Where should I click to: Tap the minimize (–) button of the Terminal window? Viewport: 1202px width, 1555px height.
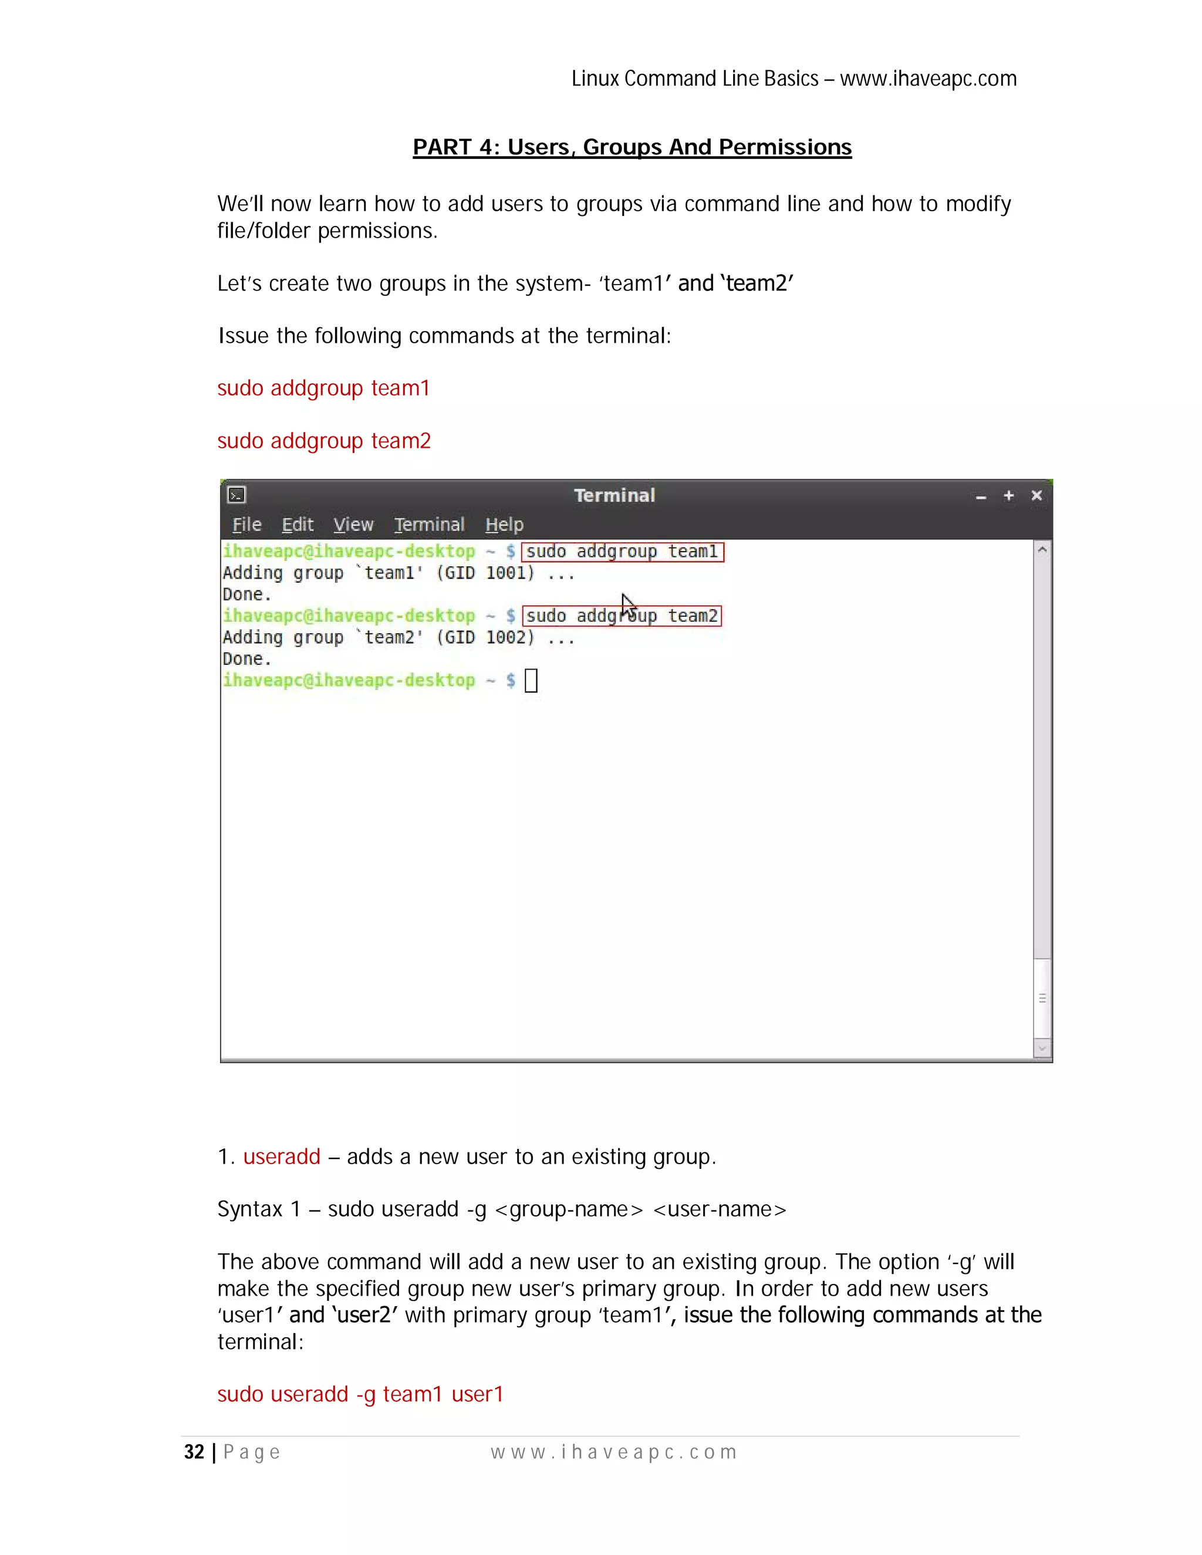pos(981,497)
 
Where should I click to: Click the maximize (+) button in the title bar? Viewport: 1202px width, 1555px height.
pos(1008,496)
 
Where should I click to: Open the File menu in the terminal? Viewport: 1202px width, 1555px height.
pos(247,525)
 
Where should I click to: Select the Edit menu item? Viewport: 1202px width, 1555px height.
pos(298,525)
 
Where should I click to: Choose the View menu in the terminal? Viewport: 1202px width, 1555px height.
pos(353,525)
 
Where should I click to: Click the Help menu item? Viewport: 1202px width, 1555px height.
pos(504,525)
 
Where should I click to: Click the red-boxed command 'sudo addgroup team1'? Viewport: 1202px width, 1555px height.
pos(622,552)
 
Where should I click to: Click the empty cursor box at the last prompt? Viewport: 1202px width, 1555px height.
pos(531,681)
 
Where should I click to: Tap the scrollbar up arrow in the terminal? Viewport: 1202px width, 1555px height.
pos(1042,550)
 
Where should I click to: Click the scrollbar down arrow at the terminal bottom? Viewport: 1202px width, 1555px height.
pos(1042,1048)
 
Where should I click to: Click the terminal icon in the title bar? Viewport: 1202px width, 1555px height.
pos(237,495)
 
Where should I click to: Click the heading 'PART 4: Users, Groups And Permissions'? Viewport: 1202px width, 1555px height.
pos(632,147)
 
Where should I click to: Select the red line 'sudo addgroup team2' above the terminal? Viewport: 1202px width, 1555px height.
pos(324,441)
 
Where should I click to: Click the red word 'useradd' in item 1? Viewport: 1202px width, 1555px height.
pos(282,1157)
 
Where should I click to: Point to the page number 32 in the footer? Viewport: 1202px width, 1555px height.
pos(194,1452)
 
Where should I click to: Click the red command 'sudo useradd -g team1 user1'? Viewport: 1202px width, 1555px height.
pos(360,1394)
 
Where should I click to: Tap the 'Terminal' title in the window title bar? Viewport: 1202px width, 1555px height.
pos(614,496)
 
